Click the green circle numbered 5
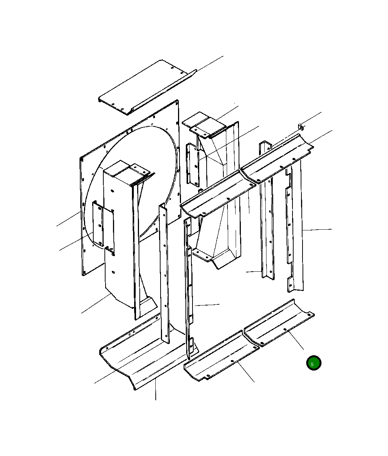coord(314,363)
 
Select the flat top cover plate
coord(147,87)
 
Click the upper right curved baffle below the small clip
coord(277,158)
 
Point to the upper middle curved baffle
coord(218,194)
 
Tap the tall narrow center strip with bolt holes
coord(164,274)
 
